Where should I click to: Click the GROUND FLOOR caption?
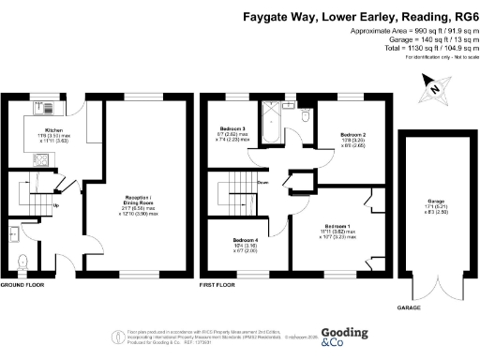pos(21,284)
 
